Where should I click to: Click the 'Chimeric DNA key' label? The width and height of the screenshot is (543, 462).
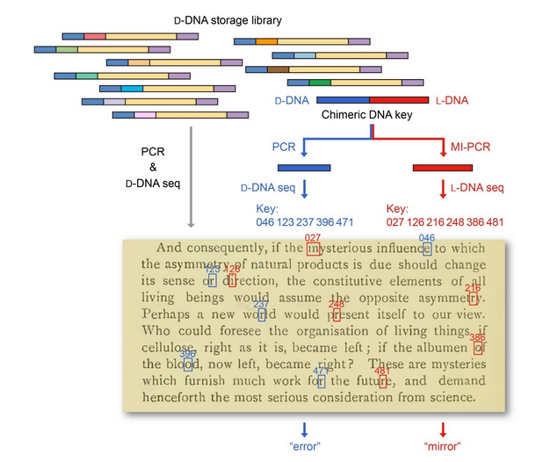tap(362, 115)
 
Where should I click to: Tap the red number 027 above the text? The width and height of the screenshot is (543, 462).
tap(312, 238)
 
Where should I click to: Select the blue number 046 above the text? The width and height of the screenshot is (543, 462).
tap(426, 237)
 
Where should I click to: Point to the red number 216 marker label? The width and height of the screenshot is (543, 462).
tap(473, 288)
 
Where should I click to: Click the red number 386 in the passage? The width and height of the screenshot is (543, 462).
tap(478, 337)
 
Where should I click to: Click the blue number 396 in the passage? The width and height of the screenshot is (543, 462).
tap(188, 353)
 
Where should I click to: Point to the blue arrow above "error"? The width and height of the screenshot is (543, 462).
tap(304, 429)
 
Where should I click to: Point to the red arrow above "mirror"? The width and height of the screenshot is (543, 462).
tap(443, 429)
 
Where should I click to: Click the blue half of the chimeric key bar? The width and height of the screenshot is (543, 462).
tap(342, 100)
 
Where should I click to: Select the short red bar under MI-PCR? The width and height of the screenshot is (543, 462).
tap(443, 167)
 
